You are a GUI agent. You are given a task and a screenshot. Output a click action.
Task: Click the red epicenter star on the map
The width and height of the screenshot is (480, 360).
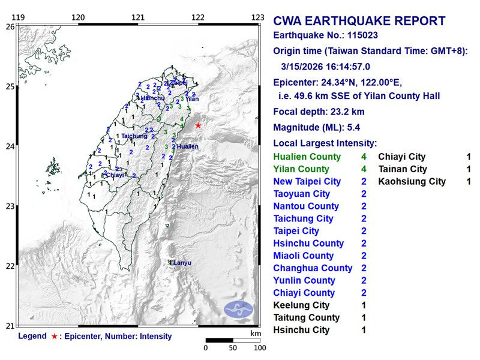pos(198,125)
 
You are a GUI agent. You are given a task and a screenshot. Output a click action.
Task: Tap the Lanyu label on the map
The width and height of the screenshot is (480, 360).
pos(182,262)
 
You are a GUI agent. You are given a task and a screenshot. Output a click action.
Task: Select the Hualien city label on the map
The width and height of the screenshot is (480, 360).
pos(187,146)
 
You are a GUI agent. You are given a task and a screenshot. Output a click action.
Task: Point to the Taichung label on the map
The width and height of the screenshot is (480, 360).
pos(134,136)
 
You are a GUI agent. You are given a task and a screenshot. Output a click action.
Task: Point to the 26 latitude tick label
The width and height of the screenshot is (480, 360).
pos(10,27)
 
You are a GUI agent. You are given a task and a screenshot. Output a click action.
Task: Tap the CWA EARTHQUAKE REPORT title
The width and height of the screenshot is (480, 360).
pos(359,22)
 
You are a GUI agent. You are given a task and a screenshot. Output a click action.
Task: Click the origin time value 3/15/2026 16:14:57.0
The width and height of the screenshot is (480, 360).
pos(334,67)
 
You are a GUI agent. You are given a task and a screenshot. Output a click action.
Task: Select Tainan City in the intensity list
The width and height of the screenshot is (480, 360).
pos(402,169)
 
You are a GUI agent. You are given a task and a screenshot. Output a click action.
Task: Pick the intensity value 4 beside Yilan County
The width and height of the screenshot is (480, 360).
pos(364,169)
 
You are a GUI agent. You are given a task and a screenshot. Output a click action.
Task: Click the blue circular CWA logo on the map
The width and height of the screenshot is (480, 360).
pos(239,310)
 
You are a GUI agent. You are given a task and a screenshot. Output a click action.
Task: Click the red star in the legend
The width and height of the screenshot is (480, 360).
pos(55,337)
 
